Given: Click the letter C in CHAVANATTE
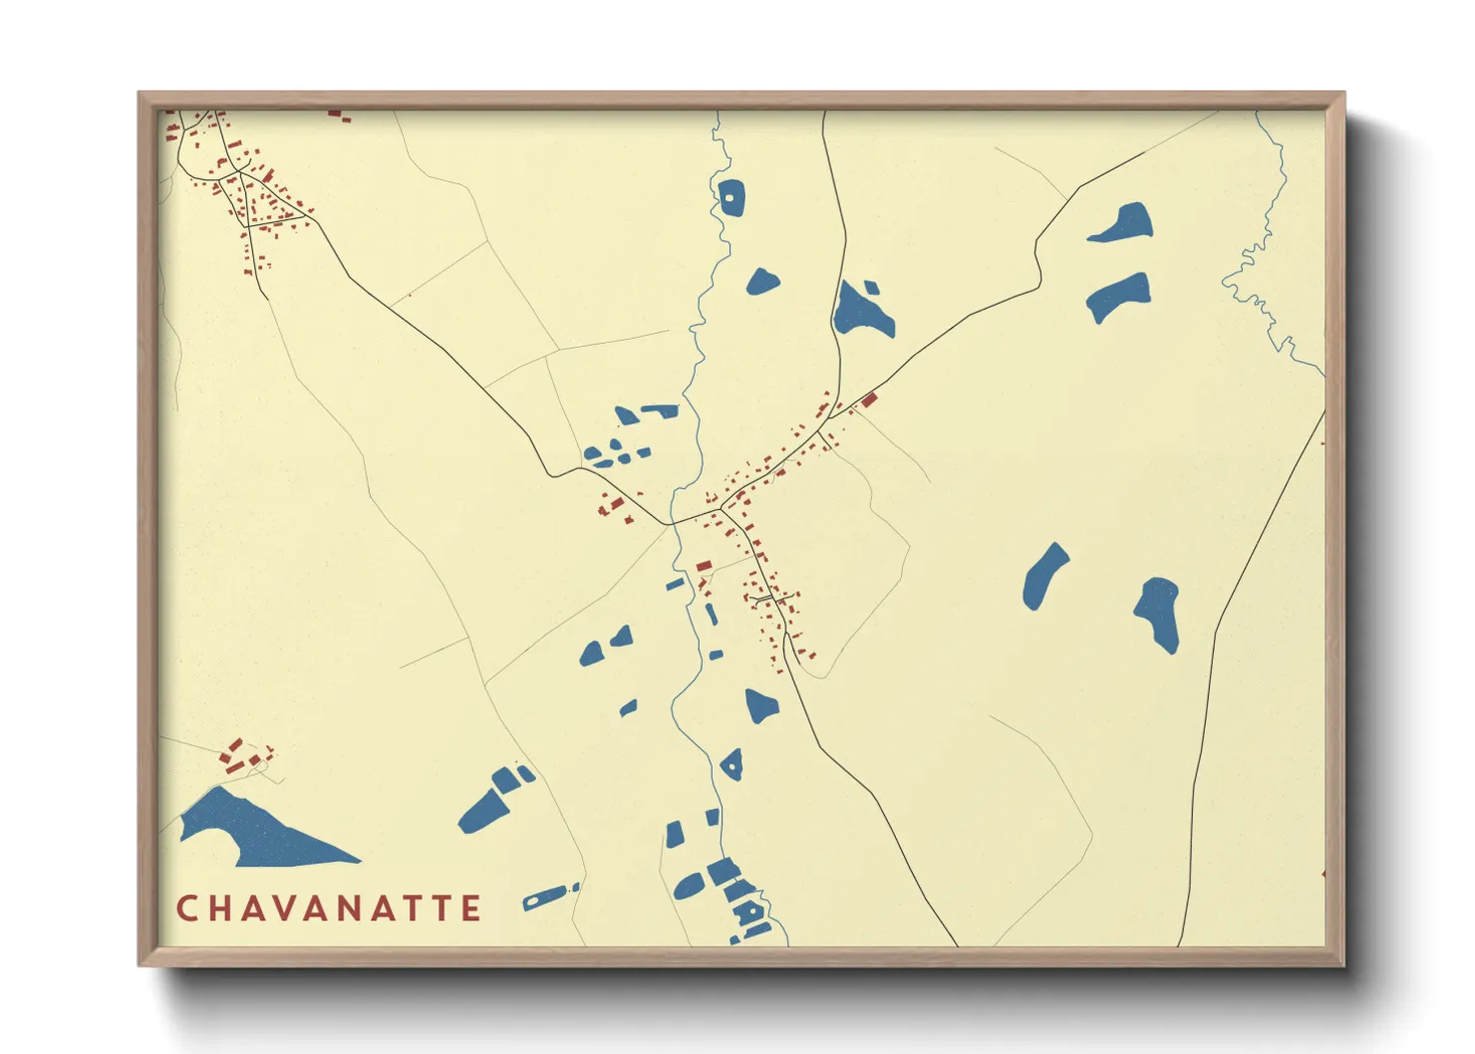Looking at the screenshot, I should tap(185, 909).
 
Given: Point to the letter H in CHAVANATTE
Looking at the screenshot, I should tap(218, 909).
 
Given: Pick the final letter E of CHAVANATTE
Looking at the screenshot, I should tap(472, 909).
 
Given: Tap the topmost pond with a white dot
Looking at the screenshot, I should tap(731, 196).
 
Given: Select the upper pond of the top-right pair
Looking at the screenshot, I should tap(1123, 223).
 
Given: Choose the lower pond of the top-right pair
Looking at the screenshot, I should tap(1118, 296).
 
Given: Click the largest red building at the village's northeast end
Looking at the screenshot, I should tap(869, 399).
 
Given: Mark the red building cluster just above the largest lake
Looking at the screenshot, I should tap(242, 756).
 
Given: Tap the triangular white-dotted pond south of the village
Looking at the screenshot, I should tap(733, 765).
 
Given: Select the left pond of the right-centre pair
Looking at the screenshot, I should tap(1043, 576).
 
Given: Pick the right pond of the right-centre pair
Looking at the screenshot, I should tap(1158, 613).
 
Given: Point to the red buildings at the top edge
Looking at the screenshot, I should tap(339, 116).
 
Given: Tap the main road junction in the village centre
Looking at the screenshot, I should tap(721, 510).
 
